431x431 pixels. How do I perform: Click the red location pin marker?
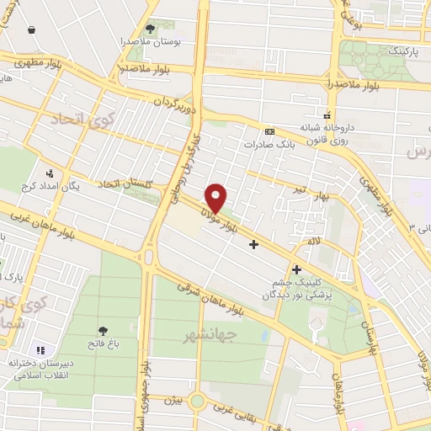coord(216,198)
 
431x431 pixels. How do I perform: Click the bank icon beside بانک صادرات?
coord(269,131)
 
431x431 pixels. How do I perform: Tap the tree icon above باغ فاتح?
coord(103,331)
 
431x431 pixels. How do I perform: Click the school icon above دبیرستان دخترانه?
coord(40,349)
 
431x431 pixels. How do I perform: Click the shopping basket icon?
coord(32,29)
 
